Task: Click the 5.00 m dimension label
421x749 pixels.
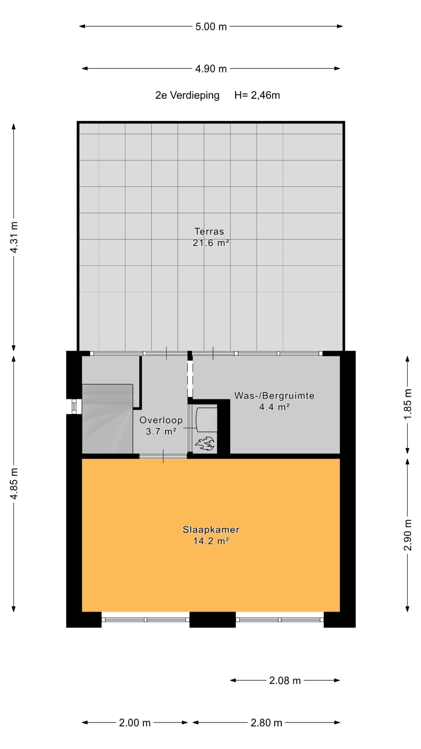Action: click(211, 27)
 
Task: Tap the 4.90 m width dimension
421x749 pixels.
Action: click(211, 69)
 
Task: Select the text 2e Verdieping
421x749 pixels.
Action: click(187, 95)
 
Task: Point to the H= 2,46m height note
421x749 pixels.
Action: click(257, 95)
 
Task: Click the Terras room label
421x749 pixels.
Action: click(209, 231)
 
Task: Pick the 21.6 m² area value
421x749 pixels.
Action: click(210, 243)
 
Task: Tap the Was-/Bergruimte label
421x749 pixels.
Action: click(274, 396)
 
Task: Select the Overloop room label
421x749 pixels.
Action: click(161, 420)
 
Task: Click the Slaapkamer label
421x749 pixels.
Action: click(211, 530)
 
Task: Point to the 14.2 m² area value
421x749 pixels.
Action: click(211, 541)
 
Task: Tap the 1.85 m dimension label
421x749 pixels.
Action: click(408, 404)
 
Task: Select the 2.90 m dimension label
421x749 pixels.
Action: click(408, 535)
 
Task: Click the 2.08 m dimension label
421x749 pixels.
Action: click(285, 681)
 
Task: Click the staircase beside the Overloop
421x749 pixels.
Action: click(107, 419)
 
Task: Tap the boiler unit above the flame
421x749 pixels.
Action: click(207, 419)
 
